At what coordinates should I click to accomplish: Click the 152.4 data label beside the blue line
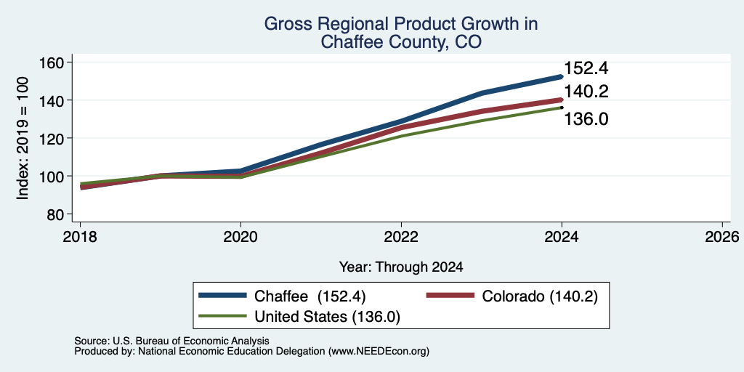pos(586,69)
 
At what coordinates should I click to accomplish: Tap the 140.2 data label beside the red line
pos(586,92)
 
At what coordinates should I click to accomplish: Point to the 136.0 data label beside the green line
pos(586,119)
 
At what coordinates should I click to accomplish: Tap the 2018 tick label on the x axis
pos(80,236)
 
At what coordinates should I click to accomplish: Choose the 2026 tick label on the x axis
pos(722,236)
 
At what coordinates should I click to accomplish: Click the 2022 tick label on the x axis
pos(401,236)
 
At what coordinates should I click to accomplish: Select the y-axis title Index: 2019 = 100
pos(23,138)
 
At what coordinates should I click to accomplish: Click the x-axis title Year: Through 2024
pos(401,267)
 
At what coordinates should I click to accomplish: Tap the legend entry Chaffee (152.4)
pos(282,296)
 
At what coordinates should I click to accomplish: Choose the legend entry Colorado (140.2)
pos(511,296)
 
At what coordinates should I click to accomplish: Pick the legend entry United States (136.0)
pos(299,317)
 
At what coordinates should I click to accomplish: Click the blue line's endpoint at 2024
pos(562,76)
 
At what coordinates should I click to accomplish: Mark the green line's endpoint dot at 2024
pos(562,108)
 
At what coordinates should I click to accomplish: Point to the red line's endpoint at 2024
pos(562,100)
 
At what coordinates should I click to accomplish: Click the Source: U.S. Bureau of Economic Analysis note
pos(171,341)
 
